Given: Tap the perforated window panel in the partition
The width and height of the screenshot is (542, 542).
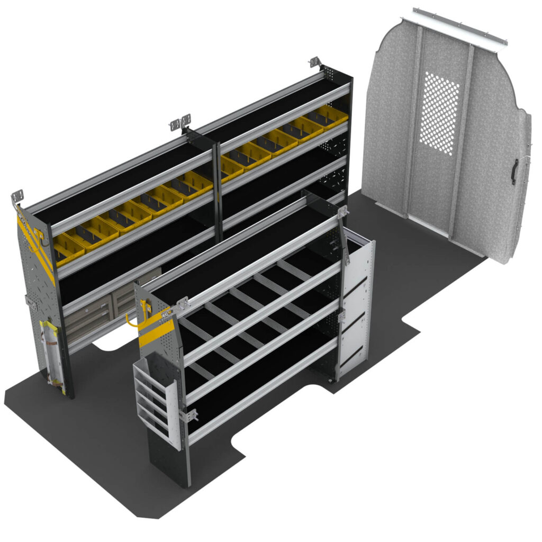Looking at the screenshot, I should coord(439,113).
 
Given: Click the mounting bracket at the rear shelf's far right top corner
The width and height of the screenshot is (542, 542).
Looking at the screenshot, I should coord(315,62).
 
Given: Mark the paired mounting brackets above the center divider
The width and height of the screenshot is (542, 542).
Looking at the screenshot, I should coord(180,123).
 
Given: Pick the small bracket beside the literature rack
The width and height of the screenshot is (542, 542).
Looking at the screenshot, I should coord(189,415).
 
